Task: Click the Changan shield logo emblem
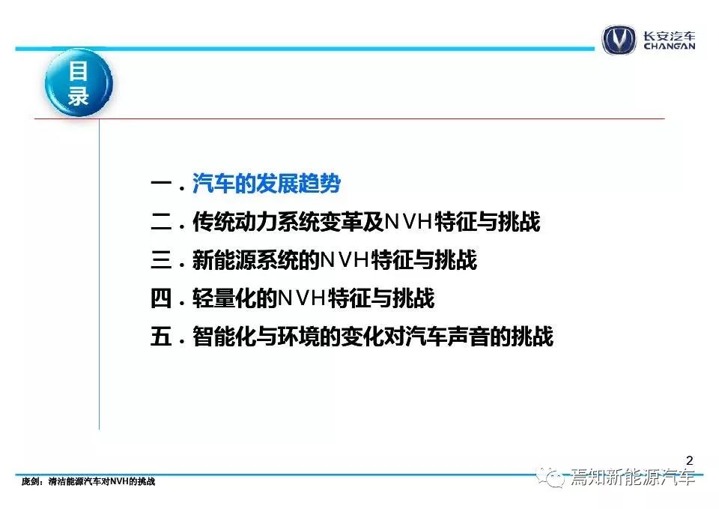click(619, 40)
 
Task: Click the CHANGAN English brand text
click(669, 46)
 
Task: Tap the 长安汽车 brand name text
click(669, 36)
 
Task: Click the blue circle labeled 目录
click(79, 82)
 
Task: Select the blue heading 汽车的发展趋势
click(267, 184)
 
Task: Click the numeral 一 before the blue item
click(161, 184)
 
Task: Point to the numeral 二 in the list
click(161, 222)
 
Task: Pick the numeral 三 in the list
click(161, 260)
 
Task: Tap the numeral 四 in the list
click(161, 298)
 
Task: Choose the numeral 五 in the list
click(161, 337)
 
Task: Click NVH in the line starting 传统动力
click(409, 222)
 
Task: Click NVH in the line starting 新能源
click(345, 260)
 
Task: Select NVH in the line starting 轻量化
click(303, 298)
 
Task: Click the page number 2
click(689, 460)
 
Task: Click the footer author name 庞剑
click(29, 481)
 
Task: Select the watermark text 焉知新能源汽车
click(633, 478)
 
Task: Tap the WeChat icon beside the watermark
click(551, 478)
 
